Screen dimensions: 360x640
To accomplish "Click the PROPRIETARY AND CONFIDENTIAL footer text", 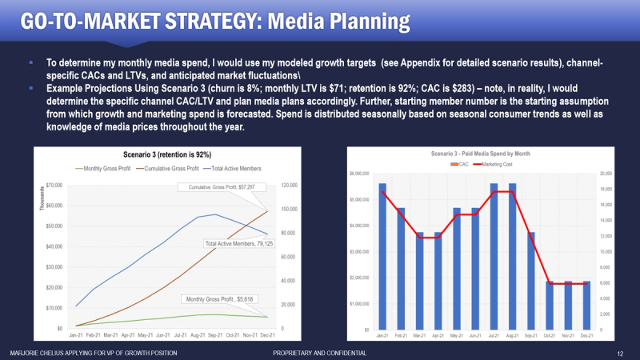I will (x=320, y=353).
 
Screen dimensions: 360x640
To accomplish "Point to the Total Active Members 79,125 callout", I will (x=238, y=243).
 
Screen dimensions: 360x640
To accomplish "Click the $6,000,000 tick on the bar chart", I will (x=358, y=174).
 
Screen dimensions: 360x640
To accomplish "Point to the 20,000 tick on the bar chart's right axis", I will (x=606, y=174).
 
